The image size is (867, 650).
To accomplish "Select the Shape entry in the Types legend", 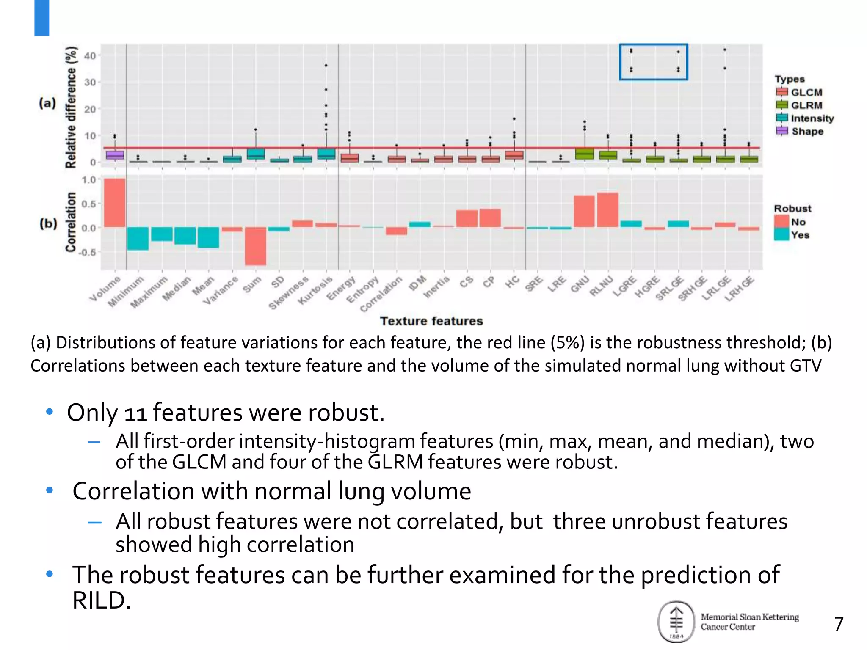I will (x=800, y=131).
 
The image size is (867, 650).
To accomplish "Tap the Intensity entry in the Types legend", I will (x=804, y=118).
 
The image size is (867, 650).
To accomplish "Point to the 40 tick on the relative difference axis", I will (x=90, y=55).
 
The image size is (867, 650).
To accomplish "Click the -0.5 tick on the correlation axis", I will (x=88, y=252).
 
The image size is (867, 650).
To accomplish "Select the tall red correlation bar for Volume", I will (x=115, y=203).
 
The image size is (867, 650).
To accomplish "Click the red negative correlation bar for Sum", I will (x=255, y=246).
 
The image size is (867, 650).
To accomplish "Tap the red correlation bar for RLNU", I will (x=608, y=210).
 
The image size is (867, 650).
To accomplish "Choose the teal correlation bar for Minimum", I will (x=138, y=238).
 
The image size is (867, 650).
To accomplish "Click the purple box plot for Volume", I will (x=115, y=155).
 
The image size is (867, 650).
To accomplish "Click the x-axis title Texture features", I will (x=431, y=321).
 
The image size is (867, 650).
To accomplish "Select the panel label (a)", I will (x=47, y=103).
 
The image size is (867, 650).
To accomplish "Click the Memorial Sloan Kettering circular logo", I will (x=676, y=621).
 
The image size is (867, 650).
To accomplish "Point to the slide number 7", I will (x=839, y=624).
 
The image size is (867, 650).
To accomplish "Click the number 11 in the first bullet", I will (x=135, y=413).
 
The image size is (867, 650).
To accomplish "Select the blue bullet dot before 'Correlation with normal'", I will (x=50, y=490).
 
